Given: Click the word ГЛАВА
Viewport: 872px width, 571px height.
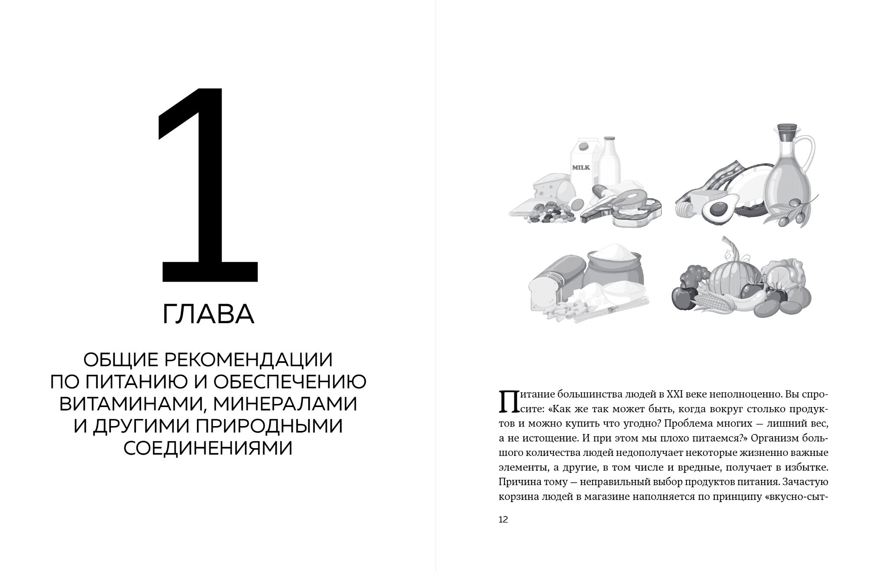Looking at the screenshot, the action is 208,315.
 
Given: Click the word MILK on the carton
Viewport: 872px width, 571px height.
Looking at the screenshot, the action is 581,167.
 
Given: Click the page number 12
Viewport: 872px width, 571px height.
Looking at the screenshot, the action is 503,520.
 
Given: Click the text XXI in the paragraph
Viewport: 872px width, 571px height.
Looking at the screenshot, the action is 662,395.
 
